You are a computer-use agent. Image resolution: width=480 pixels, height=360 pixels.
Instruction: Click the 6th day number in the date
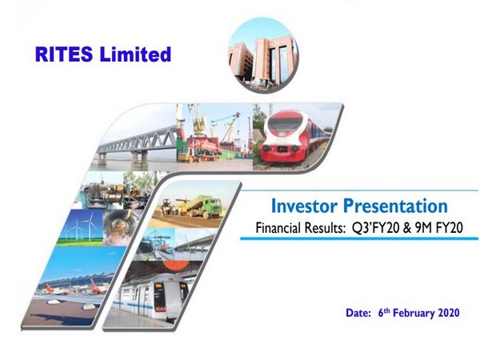pyautogui.click(x=382, y=312)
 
